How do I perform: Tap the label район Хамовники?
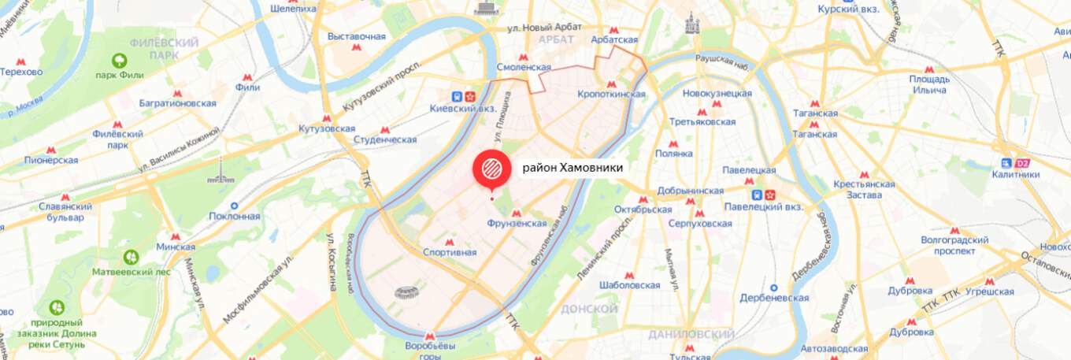tap(573, 168)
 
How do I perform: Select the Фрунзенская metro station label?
tap(517, 224)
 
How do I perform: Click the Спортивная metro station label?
tap(450, 253)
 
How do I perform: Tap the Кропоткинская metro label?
tap(611, 95)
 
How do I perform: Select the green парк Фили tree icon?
tap(120, 61)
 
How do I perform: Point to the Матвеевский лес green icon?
tap(131, 256)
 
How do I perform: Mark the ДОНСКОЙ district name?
tap(591, 309)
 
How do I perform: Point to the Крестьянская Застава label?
tap(864, 190)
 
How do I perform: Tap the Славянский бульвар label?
tap(65, 212)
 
